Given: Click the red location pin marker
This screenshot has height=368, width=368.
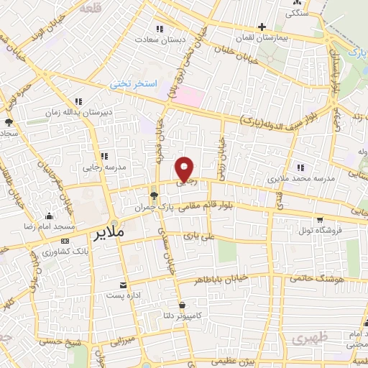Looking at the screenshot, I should coord(185,168).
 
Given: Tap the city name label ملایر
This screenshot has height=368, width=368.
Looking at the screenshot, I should coord(109,234).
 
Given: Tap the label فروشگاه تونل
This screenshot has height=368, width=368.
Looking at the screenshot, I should coord(318,230).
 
